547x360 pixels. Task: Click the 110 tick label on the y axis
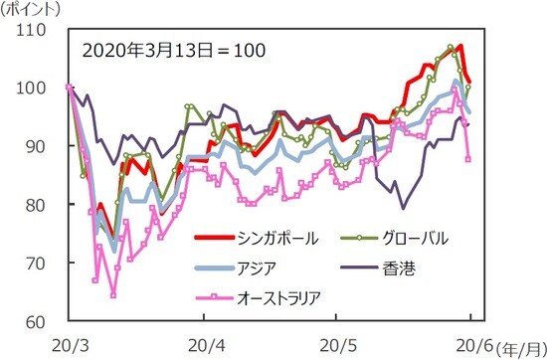(x=33, y=31)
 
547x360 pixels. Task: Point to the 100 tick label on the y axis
(x=33, y=89)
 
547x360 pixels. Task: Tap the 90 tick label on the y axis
(x=37, y=146)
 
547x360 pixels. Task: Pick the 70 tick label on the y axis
(x=37, y=263)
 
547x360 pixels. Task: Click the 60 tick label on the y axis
(x=37, y=321)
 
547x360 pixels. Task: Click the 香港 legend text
(x=393, y=268)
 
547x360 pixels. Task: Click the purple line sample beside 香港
(x=350, y=268)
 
